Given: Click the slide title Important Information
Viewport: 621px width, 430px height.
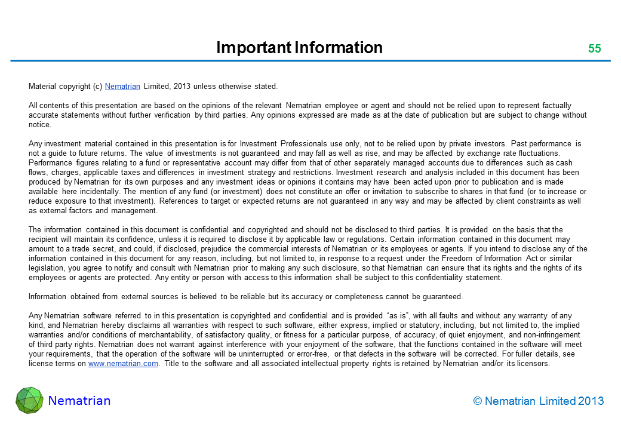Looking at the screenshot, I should point(299,48).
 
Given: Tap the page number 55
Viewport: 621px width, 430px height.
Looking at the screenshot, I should point(594,49).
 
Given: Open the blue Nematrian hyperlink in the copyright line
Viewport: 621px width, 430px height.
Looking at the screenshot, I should point(122,87).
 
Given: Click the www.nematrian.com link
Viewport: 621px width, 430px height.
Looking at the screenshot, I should point(123,364).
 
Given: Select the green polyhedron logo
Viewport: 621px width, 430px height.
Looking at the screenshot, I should point(29,401).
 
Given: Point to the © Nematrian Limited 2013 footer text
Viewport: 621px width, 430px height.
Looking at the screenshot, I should point(538,401).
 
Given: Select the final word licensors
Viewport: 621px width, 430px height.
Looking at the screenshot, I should point(531,364).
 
